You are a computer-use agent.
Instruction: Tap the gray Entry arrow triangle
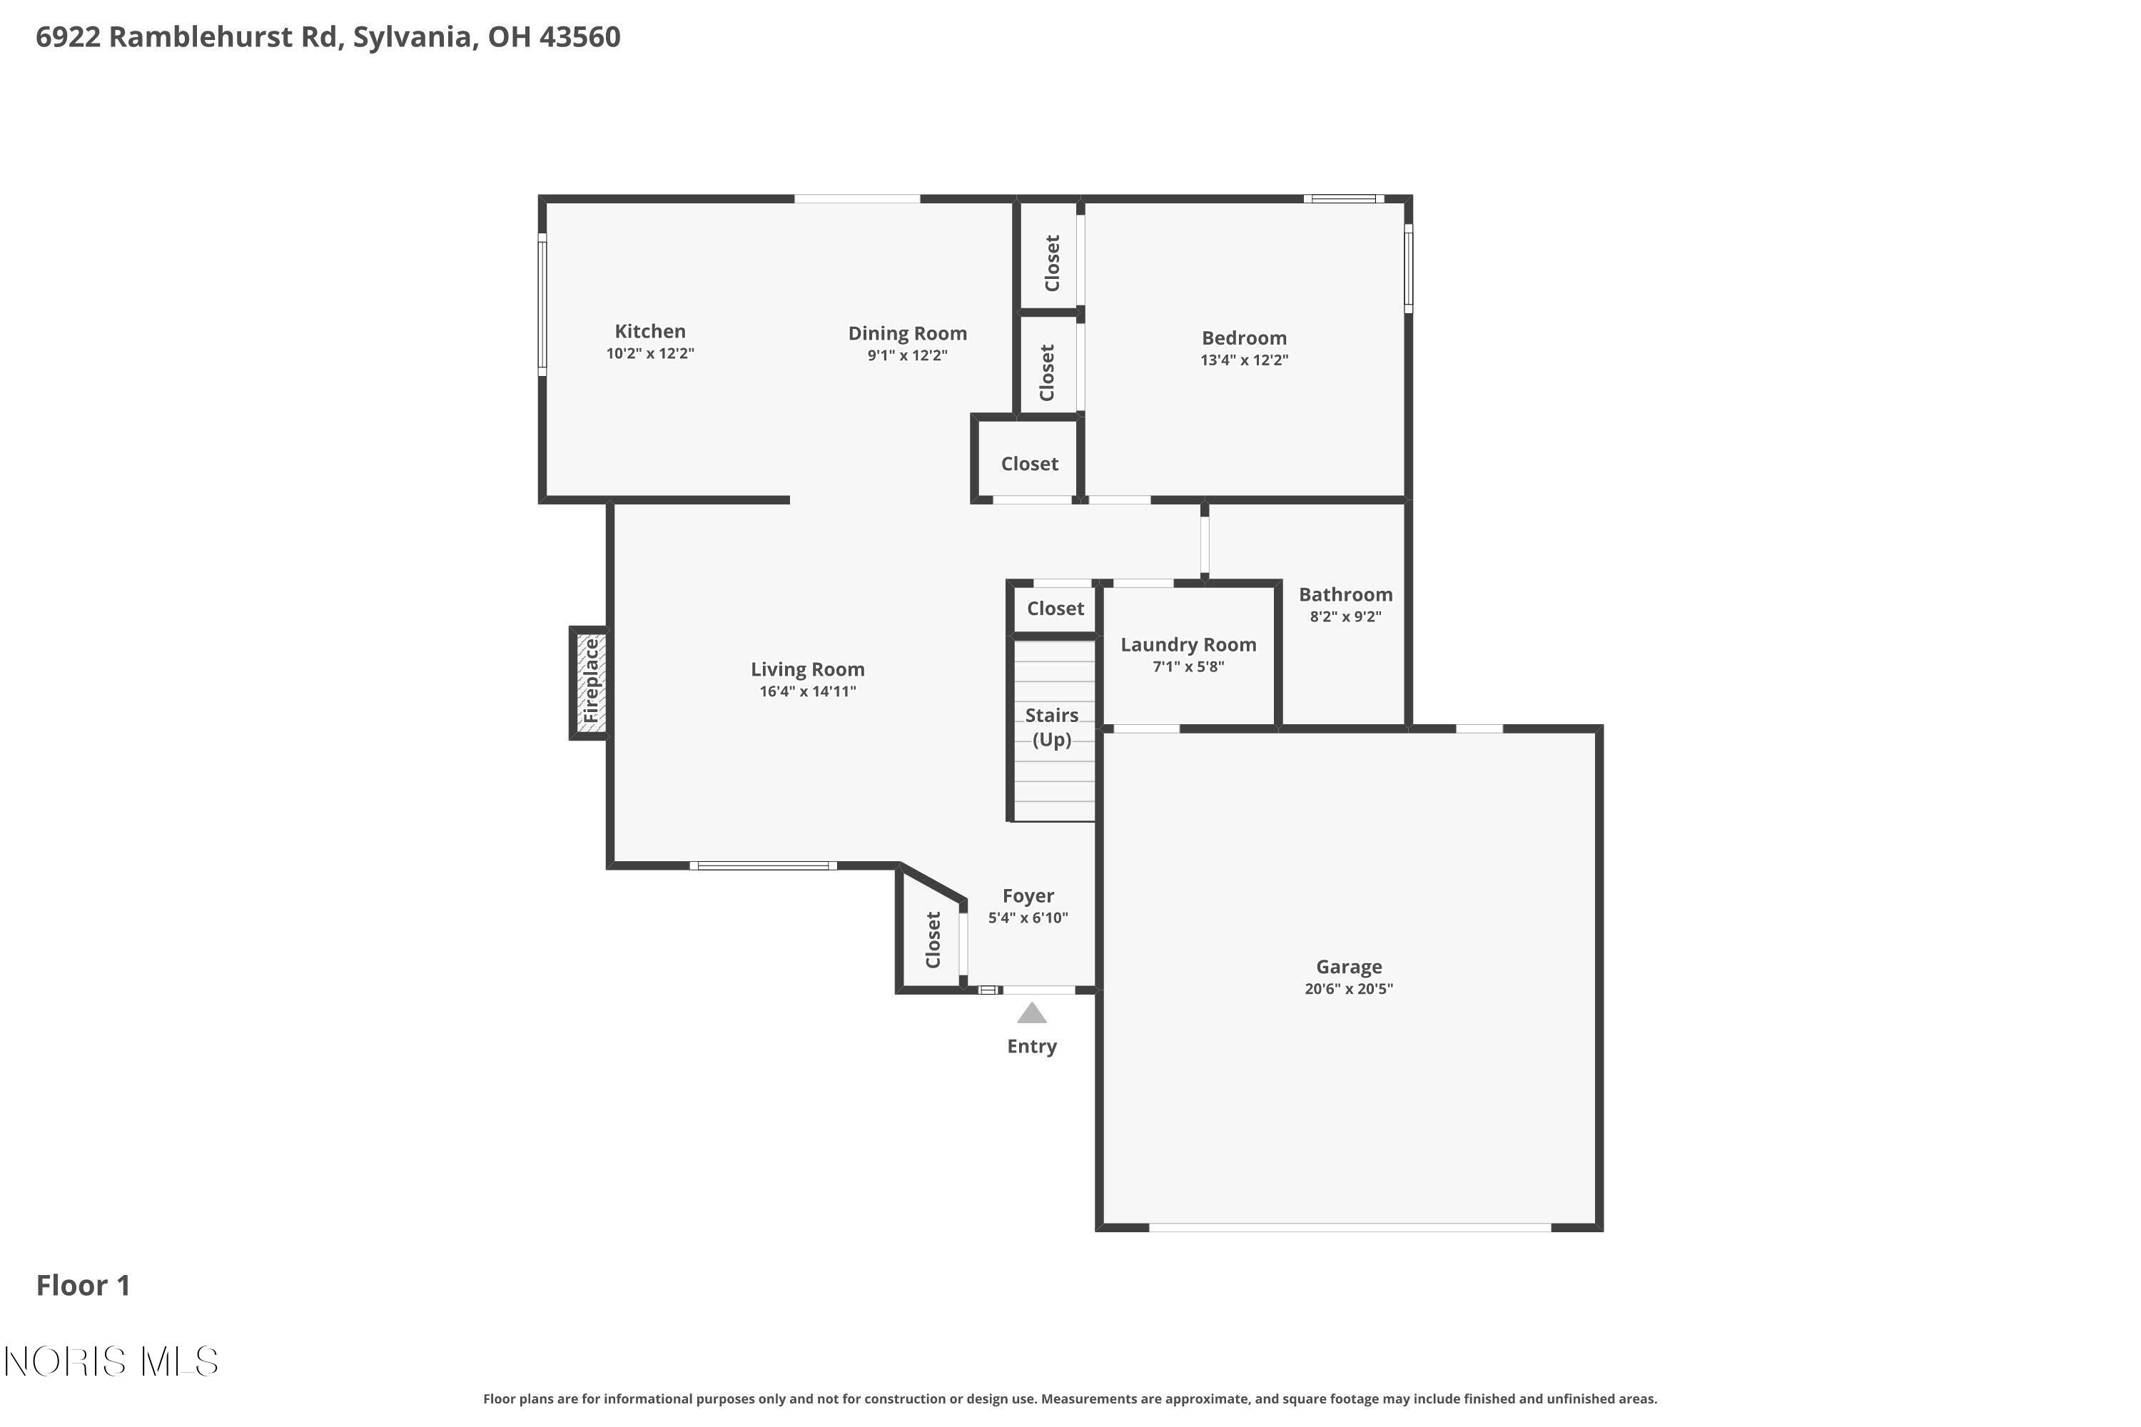(x=1031, y=1013)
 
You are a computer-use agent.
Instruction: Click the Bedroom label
(x=1243, y=337)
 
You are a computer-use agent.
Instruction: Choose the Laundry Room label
(x=1188, y=644)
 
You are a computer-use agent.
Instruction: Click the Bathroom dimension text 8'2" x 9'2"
(x=1345, y=616)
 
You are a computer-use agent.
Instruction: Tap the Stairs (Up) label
(x=1051, y=727)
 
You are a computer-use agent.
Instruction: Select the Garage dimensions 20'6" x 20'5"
(x=1348, y=988)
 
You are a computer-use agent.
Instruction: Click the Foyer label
(x=1028, y=895)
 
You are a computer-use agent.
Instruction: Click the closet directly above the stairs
(x=1055, y=608)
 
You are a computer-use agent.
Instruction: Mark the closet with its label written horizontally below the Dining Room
(x=1028, y=463)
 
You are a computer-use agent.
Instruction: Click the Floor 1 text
(x=83, y=1285)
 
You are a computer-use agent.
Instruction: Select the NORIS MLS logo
(x=111, y=1361)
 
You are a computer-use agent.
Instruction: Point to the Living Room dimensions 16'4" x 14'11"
(x=807, y=691)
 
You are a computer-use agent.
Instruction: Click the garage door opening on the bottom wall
(x=1349, y=1227)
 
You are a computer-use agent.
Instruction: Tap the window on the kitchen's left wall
(x=542, y=304)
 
